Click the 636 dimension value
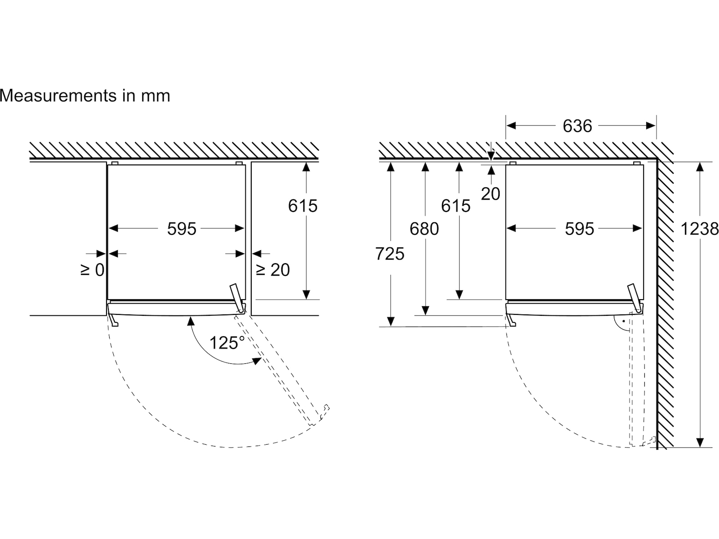(577, 126)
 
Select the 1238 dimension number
(699, 229)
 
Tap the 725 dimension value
(390, 254)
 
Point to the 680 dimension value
(424, 229)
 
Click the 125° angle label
(227, 343)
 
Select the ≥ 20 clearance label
(272, 270)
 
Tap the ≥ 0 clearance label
(93, 270)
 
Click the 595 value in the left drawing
(182, 229)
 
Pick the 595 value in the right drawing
(579, 229)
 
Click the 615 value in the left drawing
(303, 206)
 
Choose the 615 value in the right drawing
(456, 206)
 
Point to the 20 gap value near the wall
(490, 194)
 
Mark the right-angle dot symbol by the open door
(624, 321)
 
